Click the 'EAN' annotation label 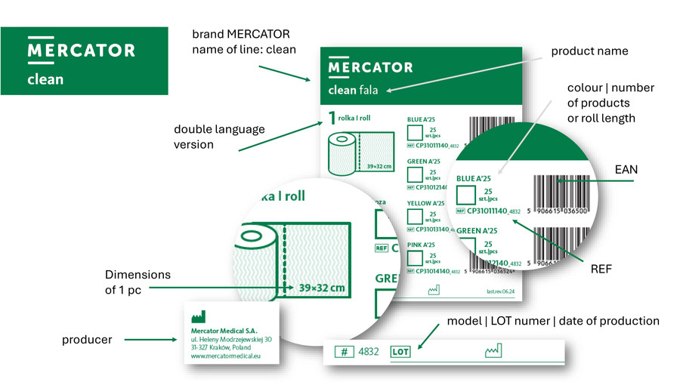[x=626, y=170]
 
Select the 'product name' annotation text [x=589, y=51]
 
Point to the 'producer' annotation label [x=87, y=340]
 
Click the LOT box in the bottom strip [x=400, y=352]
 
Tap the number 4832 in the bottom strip [x=368, y=352]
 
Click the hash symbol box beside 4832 [x=344, y=352]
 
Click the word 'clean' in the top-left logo [x=45, y=79]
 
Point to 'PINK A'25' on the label [x=422, y=245]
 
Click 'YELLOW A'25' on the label [x=425, y=203]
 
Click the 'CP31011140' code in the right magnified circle [x=492, y=212]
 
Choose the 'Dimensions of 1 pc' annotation [x=138, y=282]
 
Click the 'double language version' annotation [x=219, y=137]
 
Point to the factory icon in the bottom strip [x=493, y=351]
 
